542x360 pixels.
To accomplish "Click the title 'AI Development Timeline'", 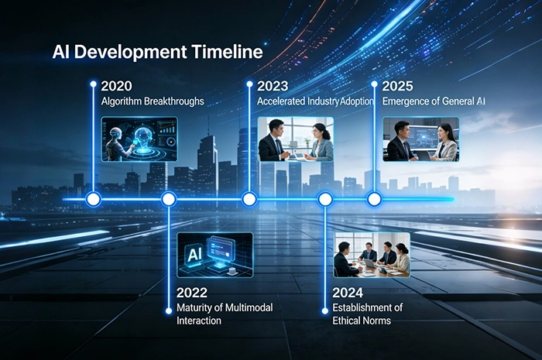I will pos(157,53).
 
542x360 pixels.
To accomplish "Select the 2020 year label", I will pos(115,85).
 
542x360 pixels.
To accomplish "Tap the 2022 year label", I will pos(192,293).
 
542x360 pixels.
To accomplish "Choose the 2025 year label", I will pos(398,85).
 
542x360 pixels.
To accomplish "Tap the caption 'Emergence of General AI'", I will pos(429,101).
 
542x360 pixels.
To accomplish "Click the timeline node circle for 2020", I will pos(94,200).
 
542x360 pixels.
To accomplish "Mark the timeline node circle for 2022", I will pos(168,200).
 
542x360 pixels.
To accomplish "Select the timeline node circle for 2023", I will pos(249,200).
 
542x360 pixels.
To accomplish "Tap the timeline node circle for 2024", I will pos(325,200).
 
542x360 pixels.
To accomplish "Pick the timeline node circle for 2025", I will pos(374,200).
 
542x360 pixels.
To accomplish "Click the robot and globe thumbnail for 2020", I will pos(139,139).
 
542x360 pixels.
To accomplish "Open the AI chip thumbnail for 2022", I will pos(214,255).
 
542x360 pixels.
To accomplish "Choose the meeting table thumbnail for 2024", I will pos(371,255).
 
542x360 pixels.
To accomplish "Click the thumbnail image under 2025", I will pos(421,139).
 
